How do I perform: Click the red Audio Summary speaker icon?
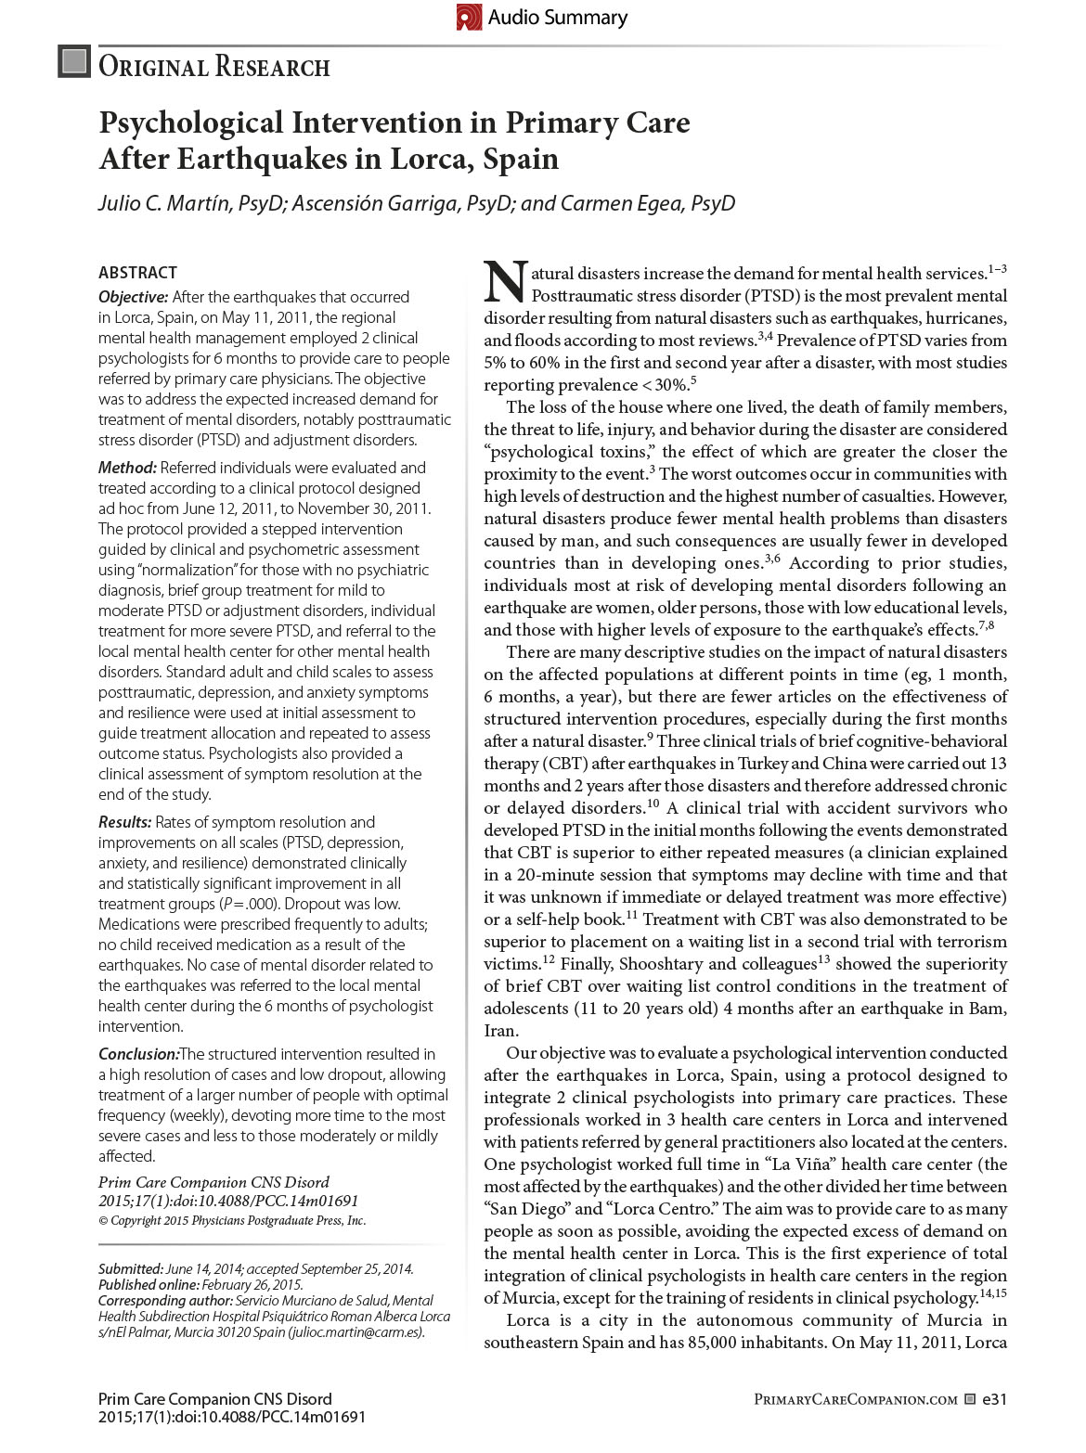tap(470, 17)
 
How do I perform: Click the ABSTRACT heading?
tap(137, 273)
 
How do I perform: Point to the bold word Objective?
tap(134, 297)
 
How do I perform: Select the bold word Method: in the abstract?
tap(128, 468)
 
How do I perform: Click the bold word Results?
tap(125, 822)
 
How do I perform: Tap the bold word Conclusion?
tap(138, 1054)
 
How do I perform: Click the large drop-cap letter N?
tap(505, 282)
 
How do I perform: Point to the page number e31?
tap(994, 1399)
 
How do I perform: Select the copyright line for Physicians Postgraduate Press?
tap(232, 1221)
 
